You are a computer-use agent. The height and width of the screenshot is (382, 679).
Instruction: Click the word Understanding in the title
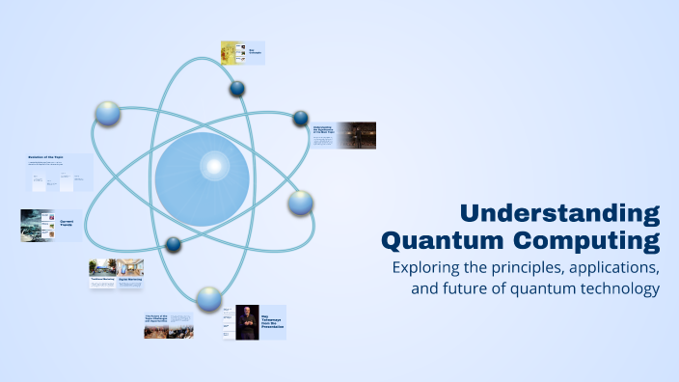click(559, 213)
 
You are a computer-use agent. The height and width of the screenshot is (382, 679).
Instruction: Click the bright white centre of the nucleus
click(211, 168)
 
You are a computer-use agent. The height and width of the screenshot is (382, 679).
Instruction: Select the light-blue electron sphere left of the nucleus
click(108, 114)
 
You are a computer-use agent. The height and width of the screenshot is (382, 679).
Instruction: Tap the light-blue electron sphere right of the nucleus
click(300, 203)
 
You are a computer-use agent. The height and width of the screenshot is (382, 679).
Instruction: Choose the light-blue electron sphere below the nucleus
click(207, 297)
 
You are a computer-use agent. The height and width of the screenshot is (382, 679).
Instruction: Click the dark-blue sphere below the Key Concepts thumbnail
click(237, 90)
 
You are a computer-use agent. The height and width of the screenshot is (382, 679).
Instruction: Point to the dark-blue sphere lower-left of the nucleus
click(174, 244)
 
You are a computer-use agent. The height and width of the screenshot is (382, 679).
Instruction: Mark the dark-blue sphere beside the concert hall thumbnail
click(301, 119)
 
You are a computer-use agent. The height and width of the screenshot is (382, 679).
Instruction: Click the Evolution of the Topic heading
click(47, 156)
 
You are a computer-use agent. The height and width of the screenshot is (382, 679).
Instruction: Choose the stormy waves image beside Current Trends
click(39, 225)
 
